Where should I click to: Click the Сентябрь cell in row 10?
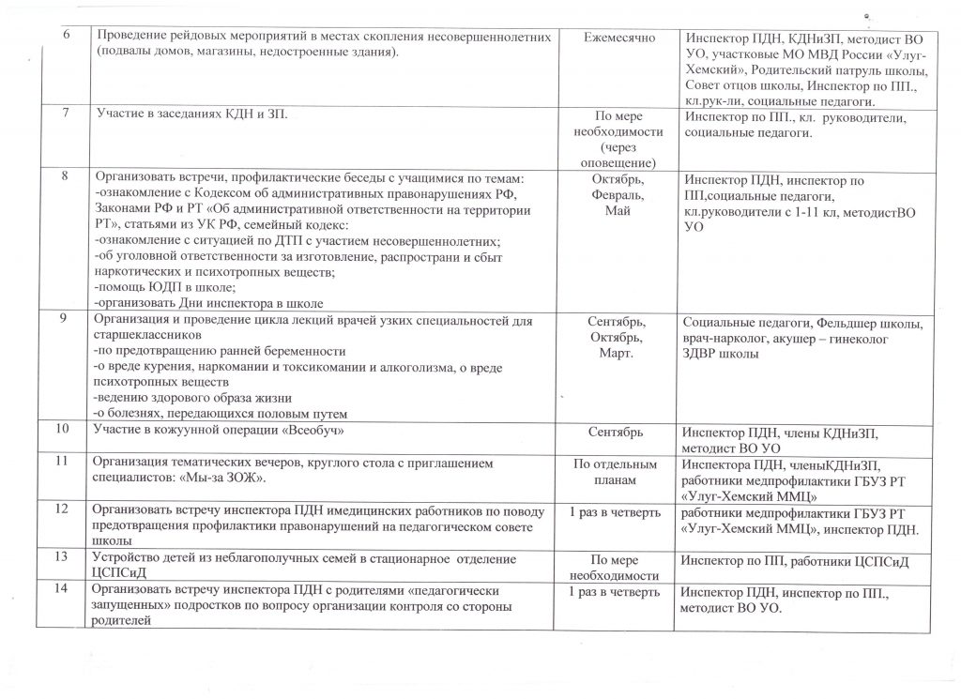616,432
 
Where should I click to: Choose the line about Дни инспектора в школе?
207,303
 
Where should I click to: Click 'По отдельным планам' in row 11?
616,471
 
